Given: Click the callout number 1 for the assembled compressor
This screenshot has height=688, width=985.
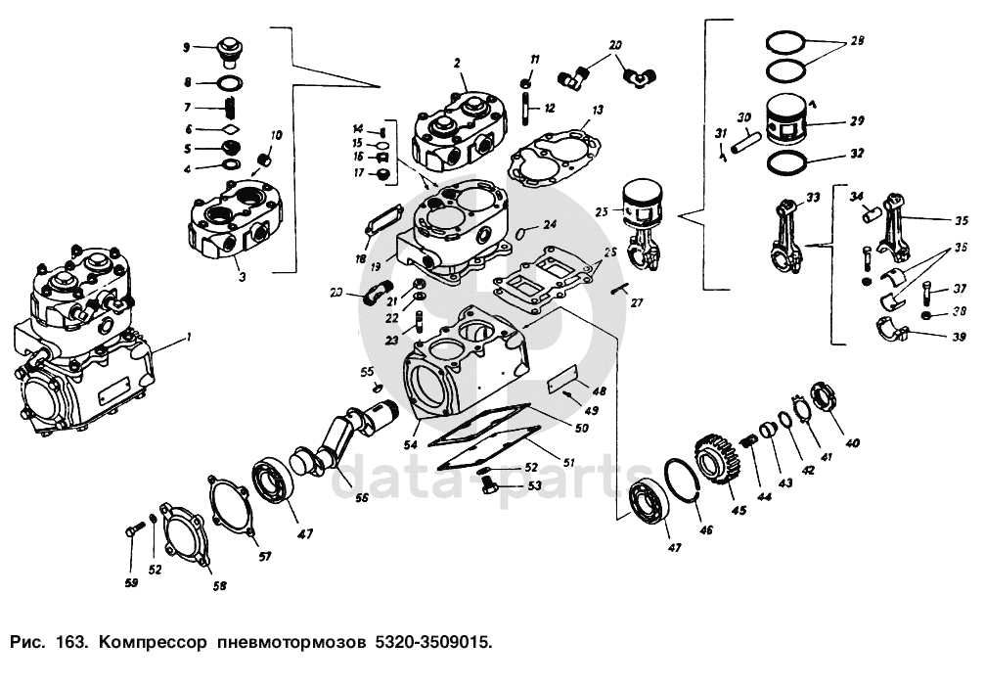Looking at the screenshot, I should tap(190, 338).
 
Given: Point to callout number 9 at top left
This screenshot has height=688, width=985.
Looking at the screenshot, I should tap(187, 46).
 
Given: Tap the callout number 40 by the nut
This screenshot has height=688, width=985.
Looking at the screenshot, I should tap(852, 443).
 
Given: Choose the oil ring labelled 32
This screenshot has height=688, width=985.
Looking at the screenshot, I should tap(791, 161).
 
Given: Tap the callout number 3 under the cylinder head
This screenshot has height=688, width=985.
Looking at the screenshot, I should tap(241, 277).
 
